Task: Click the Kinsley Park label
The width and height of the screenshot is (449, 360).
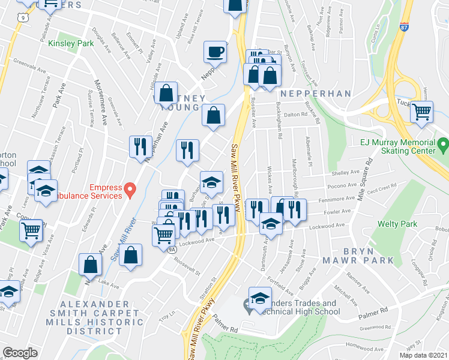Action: click(x=71, y=44)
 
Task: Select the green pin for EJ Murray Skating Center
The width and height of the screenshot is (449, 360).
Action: click(x=443, y=145)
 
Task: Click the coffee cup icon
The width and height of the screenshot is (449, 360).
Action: click(x=215, y=52)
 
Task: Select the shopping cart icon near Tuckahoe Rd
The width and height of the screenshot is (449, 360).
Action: click(x=422, y=111)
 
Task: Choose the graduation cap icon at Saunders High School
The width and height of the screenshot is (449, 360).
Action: click(x=260, y=298)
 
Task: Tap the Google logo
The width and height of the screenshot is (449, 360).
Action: click(x=19, y=353)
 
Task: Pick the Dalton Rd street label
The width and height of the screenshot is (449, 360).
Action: click(x=296, y=115)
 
